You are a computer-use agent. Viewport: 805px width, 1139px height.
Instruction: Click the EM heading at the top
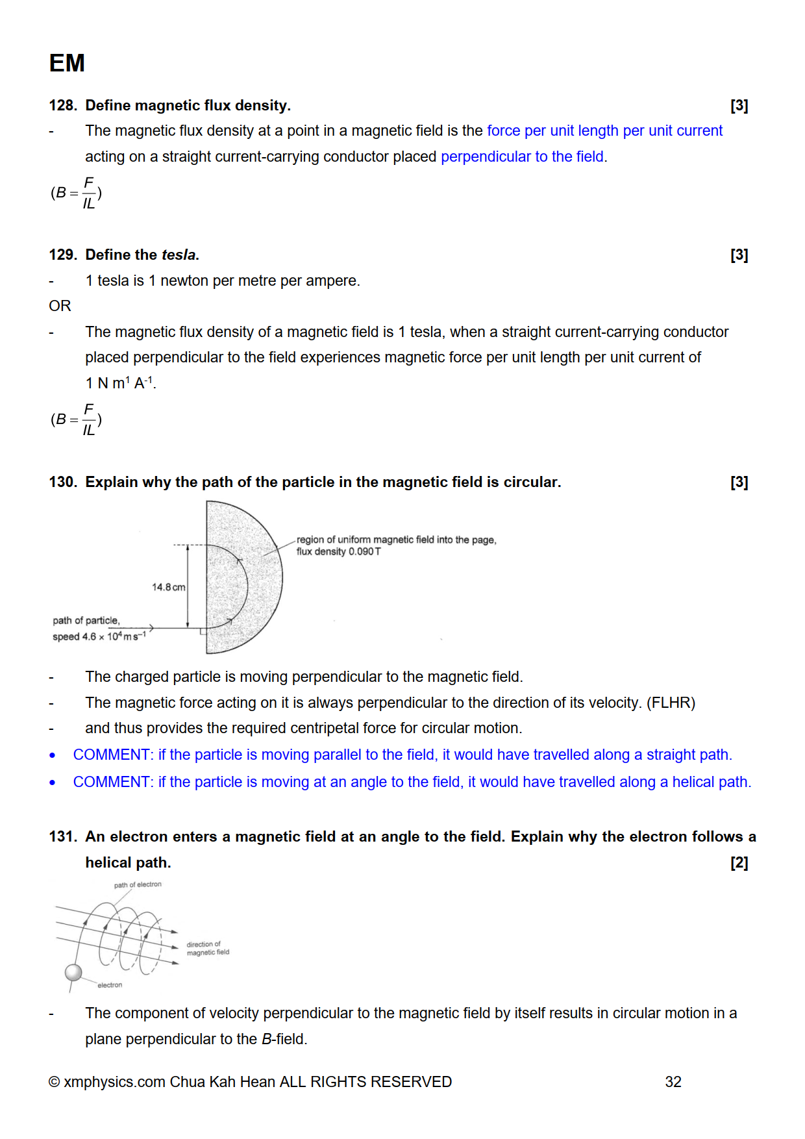67,63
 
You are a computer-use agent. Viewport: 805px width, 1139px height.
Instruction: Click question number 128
62,105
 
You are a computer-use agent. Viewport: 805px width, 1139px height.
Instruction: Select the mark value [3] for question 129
739,255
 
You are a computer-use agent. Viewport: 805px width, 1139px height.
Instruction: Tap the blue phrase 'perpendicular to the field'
522,156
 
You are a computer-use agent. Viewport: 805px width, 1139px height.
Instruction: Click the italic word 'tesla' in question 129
179,255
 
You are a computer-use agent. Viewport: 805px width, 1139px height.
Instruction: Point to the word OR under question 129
60,306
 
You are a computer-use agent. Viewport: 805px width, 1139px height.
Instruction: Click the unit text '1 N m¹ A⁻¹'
120,383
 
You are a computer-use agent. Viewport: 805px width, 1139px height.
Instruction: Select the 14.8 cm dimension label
168,587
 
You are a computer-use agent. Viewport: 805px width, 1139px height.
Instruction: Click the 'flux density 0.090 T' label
338,551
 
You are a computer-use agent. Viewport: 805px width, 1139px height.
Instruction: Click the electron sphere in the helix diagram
73,972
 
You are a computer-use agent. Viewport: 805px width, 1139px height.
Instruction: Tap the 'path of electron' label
138,884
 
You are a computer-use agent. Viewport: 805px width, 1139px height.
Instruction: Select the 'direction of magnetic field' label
208,948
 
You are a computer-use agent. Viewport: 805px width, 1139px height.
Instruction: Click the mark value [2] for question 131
739,862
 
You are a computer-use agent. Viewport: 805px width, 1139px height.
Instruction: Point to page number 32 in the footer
673,1082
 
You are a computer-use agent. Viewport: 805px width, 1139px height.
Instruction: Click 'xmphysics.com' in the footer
114,1082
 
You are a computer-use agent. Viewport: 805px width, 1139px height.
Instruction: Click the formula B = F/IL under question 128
77,193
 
